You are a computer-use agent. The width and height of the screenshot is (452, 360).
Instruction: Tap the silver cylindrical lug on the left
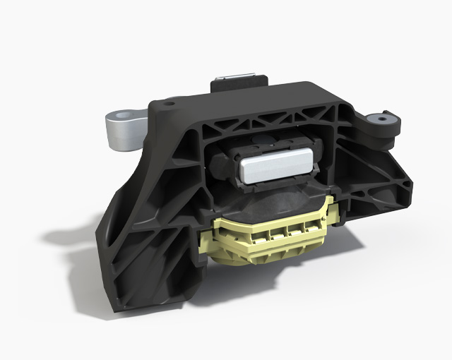click(x=121, y=131)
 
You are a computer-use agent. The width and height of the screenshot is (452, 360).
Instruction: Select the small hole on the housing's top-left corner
click(x=169, y=104)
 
